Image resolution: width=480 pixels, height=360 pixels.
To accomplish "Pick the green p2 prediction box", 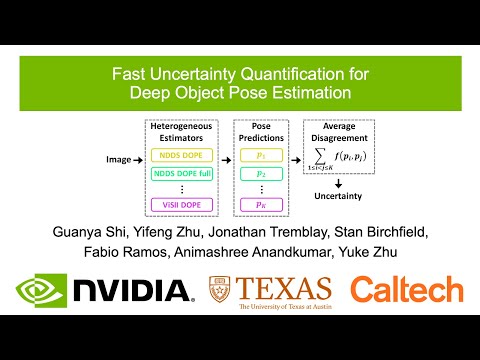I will [261, 174].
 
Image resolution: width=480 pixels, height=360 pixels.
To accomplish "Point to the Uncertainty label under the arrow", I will [339, 199].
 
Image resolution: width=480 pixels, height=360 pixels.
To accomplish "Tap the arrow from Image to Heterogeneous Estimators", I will [141, 159].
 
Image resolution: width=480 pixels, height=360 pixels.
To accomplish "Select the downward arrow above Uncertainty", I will [339, 184].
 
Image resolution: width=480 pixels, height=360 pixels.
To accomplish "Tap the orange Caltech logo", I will [406, 290].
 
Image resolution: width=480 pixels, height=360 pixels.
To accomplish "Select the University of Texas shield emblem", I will [219, 290].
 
